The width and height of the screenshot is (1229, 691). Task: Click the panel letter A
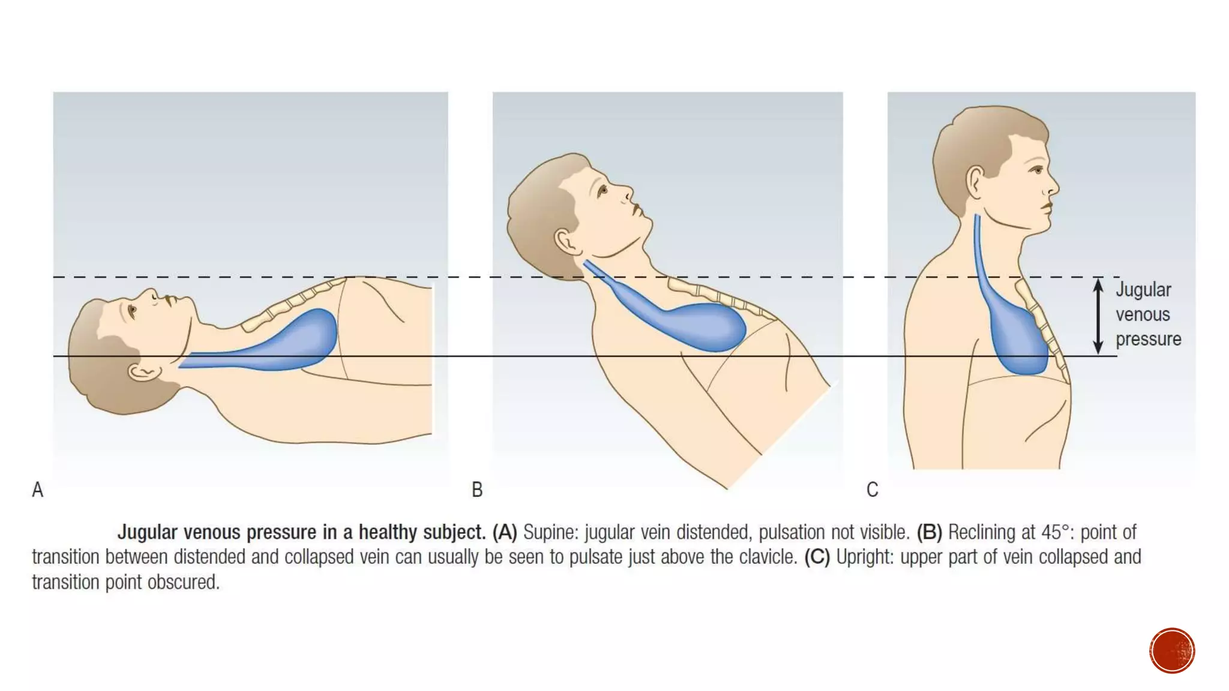coord(37,490)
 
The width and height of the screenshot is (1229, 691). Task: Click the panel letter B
coord(477,490)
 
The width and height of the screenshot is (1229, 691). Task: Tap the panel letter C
coord(872,490)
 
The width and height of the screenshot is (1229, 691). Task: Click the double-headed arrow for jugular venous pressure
coord(1098,316)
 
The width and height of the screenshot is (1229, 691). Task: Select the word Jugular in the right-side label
coord(1143,290)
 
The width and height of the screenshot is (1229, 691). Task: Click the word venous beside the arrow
coord(1143,314)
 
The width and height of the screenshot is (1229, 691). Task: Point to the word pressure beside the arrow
coord(1148,339)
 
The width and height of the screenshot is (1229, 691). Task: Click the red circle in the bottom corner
coord(1172,651)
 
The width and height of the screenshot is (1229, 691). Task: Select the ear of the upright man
coord(975,182)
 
